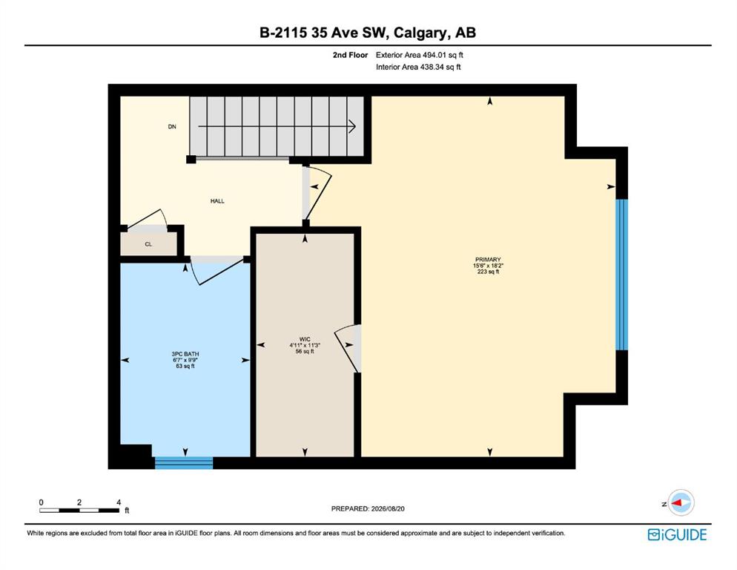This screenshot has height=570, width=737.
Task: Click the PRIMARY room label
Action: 488,259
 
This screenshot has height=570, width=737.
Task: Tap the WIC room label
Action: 305,339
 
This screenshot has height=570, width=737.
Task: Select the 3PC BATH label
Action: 185,354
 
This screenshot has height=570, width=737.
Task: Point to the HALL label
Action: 217,201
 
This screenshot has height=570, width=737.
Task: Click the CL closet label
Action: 148,244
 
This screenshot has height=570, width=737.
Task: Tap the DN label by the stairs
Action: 172,127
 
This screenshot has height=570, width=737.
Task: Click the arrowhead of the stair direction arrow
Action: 352,126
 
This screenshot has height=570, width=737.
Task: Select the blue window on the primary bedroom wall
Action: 622,275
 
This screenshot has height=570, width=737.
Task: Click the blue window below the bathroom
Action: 184,462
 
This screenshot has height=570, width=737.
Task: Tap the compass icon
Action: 681,502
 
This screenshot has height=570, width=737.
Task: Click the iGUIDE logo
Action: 677,534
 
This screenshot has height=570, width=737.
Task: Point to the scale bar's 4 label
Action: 119,502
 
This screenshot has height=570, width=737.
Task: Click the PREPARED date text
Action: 368,509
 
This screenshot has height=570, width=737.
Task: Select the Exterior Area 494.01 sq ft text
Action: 419,55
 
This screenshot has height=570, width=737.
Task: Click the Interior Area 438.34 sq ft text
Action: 418,67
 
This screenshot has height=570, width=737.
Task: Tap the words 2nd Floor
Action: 350,55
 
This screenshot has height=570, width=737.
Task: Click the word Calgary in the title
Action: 420,33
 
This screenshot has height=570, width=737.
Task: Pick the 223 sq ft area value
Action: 488,272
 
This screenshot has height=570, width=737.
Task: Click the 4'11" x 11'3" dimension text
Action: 305,345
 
